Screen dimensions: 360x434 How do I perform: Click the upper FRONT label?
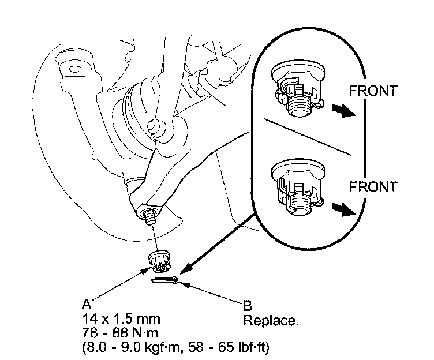[x=373, y=91]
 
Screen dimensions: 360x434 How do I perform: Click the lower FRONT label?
[x=373, y=187]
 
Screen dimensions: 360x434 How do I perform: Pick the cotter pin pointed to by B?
[x=167, y=281]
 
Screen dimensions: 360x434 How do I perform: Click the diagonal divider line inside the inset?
[x=309, y=137]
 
